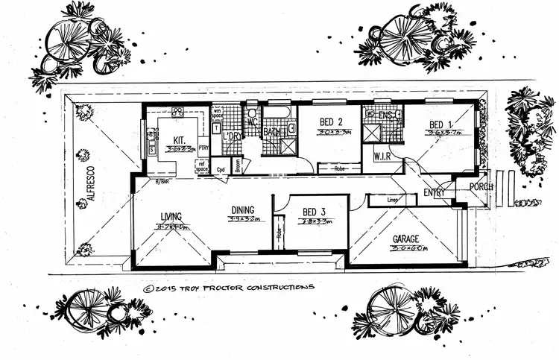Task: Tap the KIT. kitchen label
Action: click(x=180, y=139)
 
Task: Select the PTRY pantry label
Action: click(x=203, y=148)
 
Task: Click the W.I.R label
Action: click(x=382, y=157)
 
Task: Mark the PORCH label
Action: click(x=479, y=186)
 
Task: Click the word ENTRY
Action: click(x=435, y=194)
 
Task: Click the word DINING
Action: click(x=243, y=209)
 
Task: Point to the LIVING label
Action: click(x=171, y=217)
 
